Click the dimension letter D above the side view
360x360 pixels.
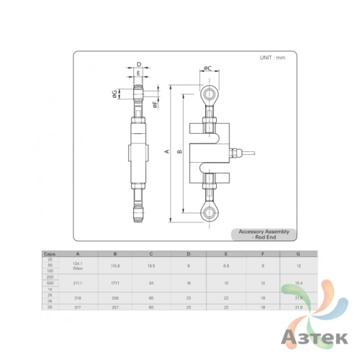pos(138,64)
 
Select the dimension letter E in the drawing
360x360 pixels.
pos(138,73)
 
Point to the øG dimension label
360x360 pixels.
pos(115,93)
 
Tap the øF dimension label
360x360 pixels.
pos(155,106)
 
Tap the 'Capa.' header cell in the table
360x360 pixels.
pos(50,253)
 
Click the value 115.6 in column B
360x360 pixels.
pos(114,266)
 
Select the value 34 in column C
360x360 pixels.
pos(150,284)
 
